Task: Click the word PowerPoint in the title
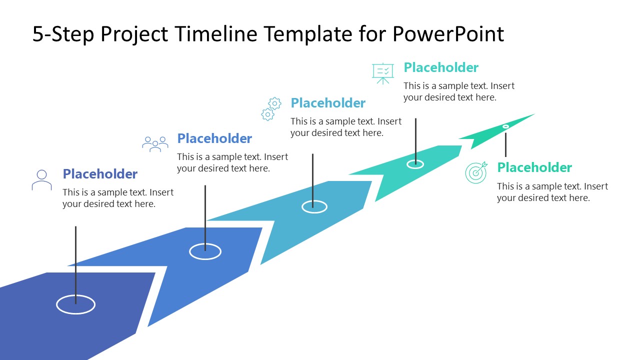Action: click(448, 34)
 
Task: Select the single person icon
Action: click(41, 180)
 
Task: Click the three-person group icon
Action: click(155, 144)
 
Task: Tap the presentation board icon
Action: click(383, 73)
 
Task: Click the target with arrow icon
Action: click(475, 172)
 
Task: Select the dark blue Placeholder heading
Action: click(100, 174)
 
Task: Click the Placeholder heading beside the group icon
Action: click(214, 138)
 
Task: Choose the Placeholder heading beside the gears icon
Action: click(328, 103)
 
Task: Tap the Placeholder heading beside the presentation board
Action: click(441, 67)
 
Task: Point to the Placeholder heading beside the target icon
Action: click(534, 167)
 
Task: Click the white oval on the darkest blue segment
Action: click(75, 304)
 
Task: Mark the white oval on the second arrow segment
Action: click(205, 251)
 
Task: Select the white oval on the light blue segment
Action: click(314, 206)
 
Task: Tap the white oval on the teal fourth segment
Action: click(415, 164)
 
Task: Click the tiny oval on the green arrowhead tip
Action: click(505, 127)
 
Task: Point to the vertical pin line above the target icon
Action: click(505, 145)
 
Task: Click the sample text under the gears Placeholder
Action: click(346, 127)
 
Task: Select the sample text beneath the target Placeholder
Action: click(552, 192)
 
